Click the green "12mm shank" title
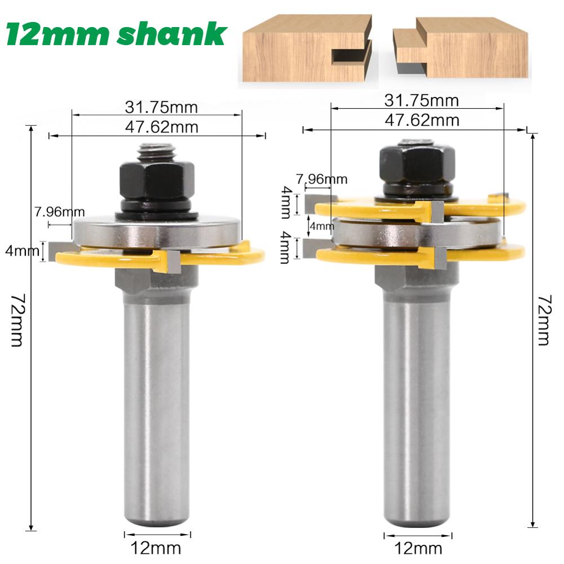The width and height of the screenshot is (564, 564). click(x=116, y=35)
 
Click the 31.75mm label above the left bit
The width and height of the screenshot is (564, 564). click(x=156, y=107)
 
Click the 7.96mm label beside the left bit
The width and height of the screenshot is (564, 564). click(x=59, y=212)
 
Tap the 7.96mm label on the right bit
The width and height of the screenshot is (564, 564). click(x=325, y=179)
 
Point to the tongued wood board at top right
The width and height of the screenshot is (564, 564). click(x=468, y=49)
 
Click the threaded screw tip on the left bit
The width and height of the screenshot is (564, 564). click(x=157, y=152)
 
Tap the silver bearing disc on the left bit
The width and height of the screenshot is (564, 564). click(x=157, y=232)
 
